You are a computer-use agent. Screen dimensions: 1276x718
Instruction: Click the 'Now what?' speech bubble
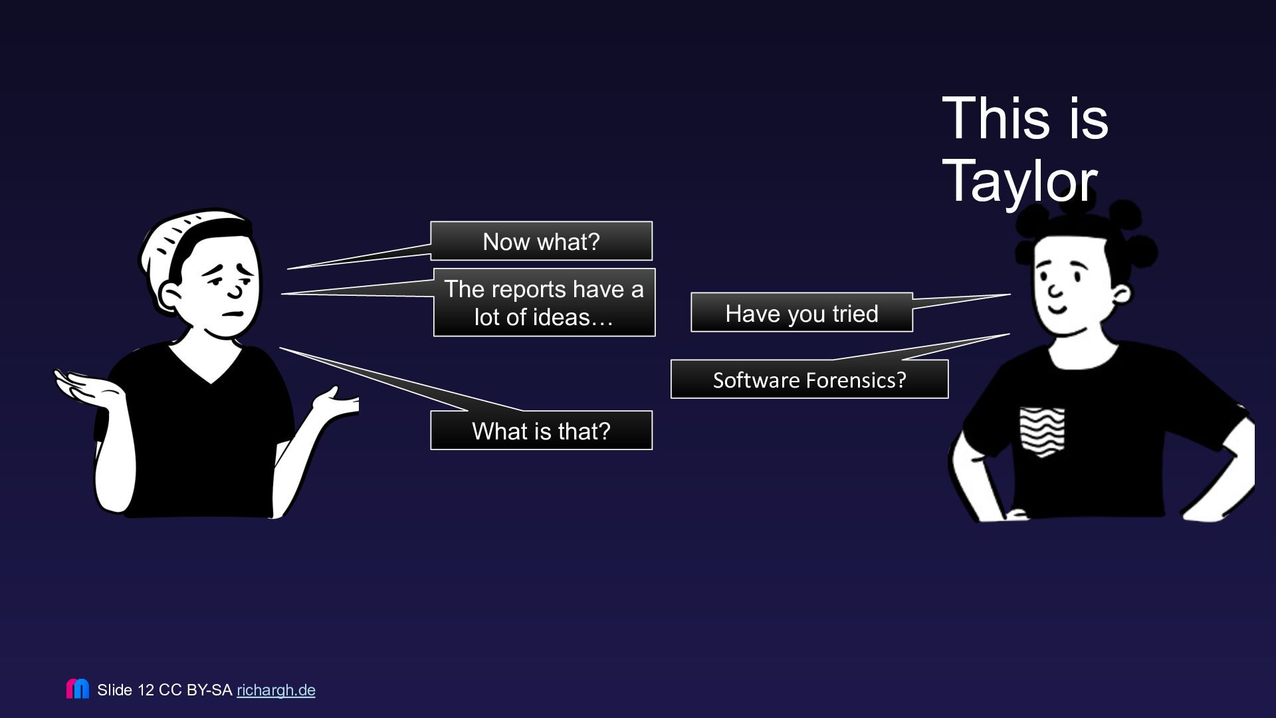click(541, 241)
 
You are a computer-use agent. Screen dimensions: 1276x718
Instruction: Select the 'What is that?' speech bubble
click(541, 430)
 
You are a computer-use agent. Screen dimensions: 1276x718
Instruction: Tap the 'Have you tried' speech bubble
click(801, 312)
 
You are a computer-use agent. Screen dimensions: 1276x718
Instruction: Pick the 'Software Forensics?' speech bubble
click(809, 380)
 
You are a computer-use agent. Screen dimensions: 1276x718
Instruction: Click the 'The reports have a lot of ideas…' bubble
click(544, 302)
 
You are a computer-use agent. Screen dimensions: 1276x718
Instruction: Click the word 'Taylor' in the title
click(1019, 181)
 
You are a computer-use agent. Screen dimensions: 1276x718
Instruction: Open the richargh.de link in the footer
click(276, 690)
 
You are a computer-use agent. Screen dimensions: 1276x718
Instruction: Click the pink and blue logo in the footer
click(78, 689)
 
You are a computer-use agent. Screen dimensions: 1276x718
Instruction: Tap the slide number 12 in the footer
click(146, 690)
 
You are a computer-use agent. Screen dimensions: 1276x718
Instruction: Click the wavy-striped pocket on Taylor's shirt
click(1042, 431)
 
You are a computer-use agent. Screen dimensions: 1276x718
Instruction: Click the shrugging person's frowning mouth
click(232, 314)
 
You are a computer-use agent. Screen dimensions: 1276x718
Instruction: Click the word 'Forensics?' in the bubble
click(856, 380)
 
